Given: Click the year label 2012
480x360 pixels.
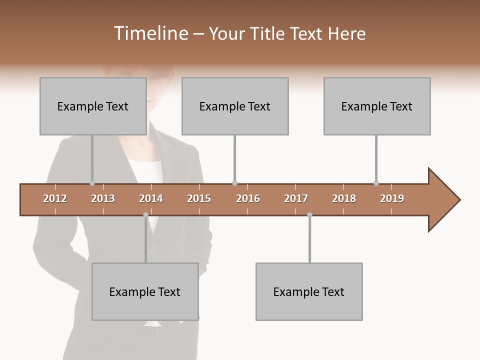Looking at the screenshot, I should (55, 198).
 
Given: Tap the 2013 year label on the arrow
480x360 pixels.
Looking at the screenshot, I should (103, 198).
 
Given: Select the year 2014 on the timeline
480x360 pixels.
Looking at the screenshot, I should (151, 198).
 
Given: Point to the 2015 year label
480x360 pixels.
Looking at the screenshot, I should (199, 198).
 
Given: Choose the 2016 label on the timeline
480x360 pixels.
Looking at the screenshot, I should (248, 198).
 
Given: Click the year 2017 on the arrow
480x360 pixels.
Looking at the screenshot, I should (296, 198).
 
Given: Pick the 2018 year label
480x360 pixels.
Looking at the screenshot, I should (344, 198).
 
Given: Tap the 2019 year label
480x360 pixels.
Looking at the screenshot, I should (392, 198).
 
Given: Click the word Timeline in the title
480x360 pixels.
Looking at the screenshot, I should (150, 33).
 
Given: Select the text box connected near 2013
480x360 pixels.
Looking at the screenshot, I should (93, 106).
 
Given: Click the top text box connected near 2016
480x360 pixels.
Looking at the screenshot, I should (235, 106).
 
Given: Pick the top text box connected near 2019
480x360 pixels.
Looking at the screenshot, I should (377, 106).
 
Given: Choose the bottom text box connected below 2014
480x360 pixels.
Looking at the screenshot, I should (145, 291).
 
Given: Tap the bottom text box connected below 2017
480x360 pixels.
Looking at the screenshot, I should (309, 291).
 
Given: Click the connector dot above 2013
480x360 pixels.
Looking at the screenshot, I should (92, 183).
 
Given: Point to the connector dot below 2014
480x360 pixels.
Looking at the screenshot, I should (145, 214).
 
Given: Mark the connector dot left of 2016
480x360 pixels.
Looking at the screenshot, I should (234, 183).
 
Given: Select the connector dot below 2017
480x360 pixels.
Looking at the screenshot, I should (309, 214).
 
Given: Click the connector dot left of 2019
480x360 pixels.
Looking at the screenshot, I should (376, 183).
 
